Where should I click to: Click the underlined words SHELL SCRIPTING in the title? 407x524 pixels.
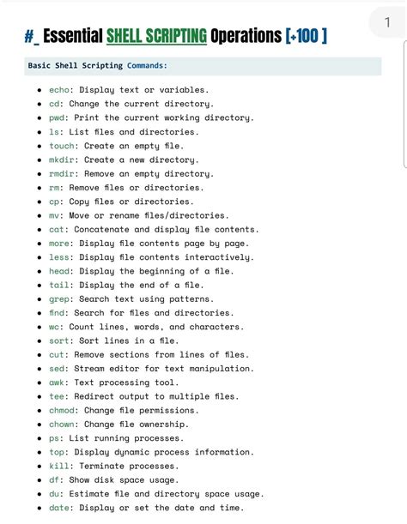pos(156,37)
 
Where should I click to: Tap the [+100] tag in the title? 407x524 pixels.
pos(306,37)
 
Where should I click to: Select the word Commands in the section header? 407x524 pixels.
pos(147,65)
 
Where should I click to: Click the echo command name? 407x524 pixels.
pos(59,90)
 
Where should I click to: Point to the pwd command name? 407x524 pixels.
pos(57,118)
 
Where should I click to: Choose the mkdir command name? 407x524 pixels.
pos(62,160)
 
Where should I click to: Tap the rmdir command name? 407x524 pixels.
pos(62,174)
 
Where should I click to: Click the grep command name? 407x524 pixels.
pos(59,299)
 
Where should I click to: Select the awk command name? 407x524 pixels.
pos(57,382)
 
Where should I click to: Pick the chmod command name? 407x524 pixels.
pos(62,410)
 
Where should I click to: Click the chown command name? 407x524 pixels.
pos(62,425)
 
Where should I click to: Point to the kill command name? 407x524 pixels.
pos(59,466)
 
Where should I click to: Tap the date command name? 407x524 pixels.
pos(59,508)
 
